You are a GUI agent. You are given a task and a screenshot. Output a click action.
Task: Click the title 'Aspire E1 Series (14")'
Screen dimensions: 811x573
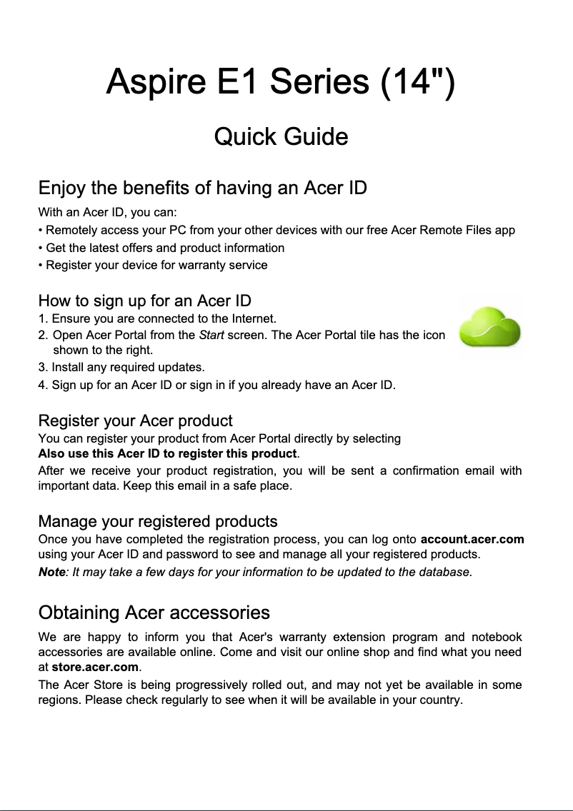click(279, 83)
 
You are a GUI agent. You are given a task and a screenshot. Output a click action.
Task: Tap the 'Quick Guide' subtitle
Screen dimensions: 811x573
click(281, 136)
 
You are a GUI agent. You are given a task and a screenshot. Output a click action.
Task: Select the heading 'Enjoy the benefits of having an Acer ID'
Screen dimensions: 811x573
click(202, 188)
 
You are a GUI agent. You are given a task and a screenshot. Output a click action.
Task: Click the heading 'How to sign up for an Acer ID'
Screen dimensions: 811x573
click(144, 301)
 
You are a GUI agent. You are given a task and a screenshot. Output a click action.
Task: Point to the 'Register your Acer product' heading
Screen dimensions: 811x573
click(135, 420)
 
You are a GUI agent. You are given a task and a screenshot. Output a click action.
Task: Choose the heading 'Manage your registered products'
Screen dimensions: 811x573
click(157, 521)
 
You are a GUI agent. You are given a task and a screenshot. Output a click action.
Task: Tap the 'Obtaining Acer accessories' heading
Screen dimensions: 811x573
click(154, 613)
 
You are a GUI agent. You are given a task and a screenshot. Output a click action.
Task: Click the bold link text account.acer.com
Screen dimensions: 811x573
click(472, 539)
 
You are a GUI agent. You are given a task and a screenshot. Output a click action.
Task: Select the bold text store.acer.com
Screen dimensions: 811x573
click(95, 668)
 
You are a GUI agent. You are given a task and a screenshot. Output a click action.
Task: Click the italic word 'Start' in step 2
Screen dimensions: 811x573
click(209, 335)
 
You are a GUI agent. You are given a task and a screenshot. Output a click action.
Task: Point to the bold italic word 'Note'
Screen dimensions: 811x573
click(51, 573)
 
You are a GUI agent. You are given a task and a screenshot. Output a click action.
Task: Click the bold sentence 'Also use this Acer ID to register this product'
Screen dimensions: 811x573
click(166, 454)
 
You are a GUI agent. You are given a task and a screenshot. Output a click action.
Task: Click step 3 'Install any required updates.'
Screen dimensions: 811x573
click(121, 368)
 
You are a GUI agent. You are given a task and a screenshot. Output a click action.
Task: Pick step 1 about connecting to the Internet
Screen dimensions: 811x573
click(157, 318)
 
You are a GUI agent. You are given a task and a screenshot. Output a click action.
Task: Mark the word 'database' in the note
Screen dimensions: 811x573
click(446, 573)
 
